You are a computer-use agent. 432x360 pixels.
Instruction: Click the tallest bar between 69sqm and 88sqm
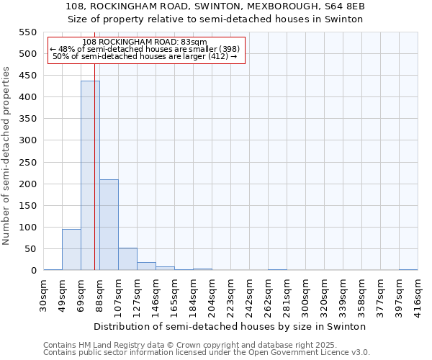point(90,176)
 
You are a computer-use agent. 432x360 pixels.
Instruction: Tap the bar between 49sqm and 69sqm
point(71,249)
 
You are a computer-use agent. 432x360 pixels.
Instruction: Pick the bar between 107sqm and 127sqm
point(127,259)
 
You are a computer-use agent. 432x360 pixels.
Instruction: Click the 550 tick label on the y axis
point(27,32)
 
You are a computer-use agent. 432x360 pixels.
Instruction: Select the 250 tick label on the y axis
point(27,163)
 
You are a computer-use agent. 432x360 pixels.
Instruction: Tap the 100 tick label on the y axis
point(27,228)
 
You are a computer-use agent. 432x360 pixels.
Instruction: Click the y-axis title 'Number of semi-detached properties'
point(7,156)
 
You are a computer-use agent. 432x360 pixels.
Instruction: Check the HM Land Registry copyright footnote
point(185,345)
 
